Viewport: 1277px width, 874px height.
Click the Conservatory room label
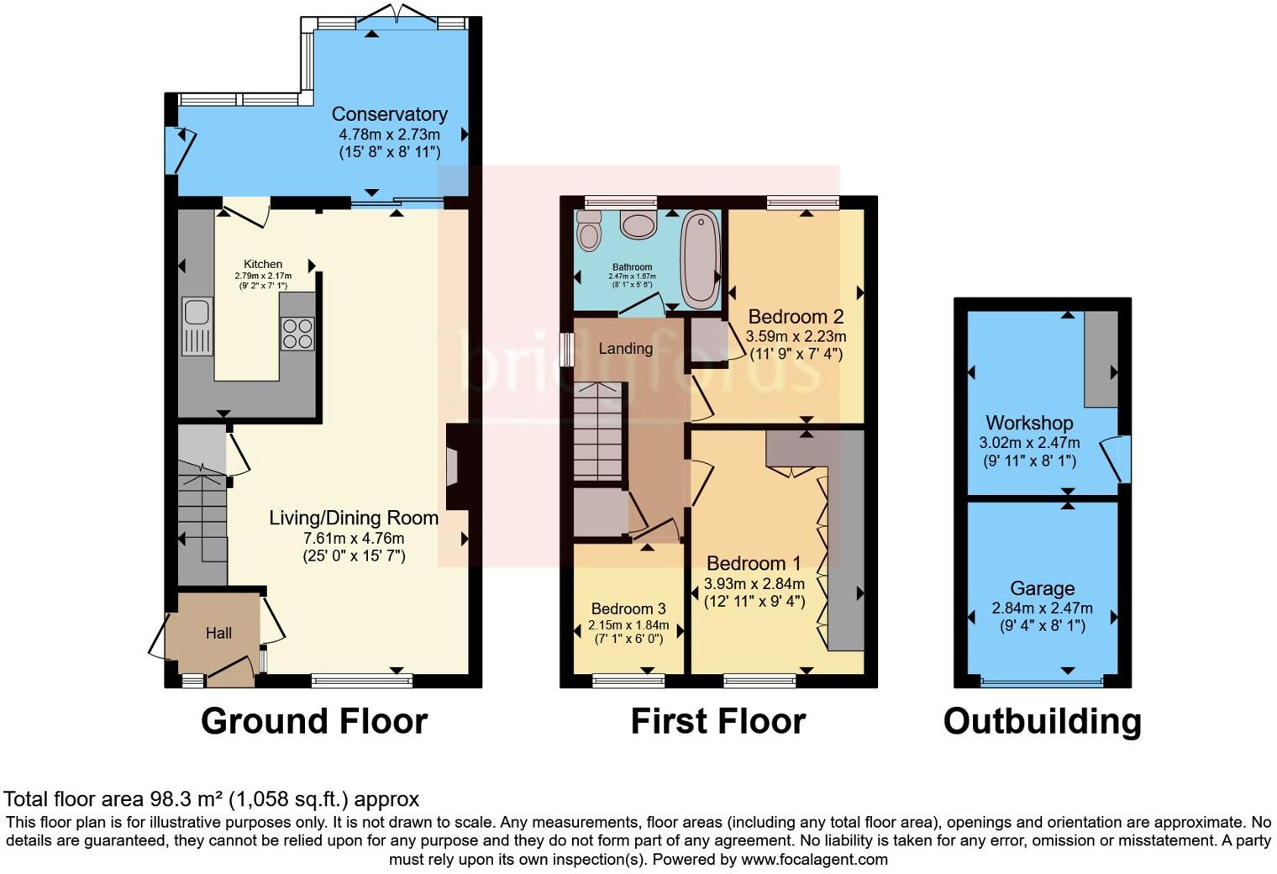[x=389, y=114]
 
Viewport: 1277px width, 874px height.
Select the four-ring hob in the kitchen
[x=297, y=333]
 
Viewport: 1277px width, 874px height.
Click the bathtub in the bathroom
[x=699, y=259]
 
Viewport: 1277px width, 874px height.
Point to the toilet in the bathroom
[x=590, y=229]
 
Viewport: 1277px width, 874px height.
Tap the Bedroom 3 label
[x=628, y=608]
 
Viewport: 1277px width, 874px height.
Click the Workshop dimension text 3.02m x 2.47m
[x=1029, y=443]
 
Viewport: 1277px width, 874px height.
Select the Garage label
[x=1042, y=588]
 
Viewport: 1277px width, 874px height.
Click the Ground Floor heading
[x=314, y=721]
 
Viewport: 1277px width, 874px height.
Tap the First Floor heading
[x=717, y=721]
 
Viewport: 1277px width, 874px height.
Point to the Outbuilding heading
[x=1042, y=721]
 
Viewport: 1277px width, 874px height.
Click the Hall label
[x=218, y=633]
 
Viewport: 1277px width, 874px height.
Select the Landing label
[x=625, y=348]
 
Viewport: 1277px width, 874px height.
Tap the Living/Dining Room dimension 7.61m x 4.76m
[x=354, y=538]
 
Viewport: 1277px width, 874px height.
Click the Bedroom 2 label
[x=796, y=317]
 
